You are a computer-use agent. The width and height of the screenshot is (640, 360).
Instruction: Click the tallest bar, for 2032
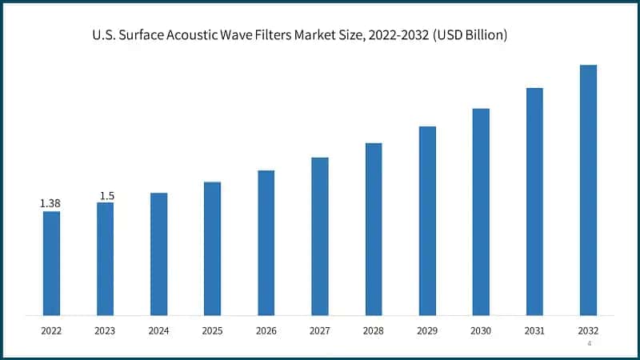(x=588, y=190)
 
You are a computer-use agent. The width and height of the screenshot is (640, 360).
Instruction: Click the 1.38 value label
(x=50, y=204)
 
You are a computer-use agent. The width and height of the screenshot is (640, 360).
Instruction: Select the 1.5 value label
(x=106, y=196)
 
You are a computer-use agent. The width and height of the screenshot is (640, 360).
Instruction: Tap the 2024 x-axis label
(x=158, y=329)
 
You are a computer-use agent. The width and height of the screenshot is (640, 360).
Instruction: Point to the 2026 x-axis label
(x=266, y=329)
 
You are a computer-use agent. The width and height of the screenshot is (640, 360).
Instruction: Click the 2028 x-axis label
(x=374, y=329)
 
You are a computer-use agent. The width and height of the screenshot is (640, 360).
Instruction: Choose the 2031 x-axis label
(x=534, y=329)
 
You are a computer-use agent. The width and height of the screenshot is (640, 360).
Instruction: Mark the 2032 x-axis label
(x=588, y=329)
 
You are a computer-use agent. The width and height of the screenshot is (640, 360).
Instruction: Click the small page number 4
(x=590, y=343)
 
